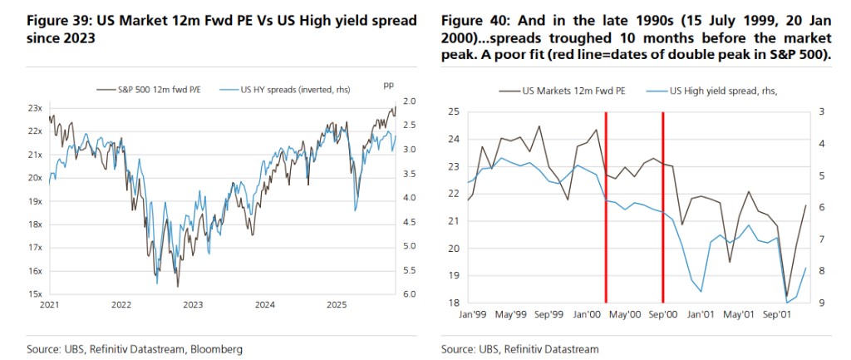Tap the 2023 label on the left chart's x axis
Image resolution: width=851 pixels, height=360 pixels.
(x=193, y=306)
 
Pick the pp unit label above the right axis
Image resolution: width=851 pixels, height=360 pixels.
(x=387, y=85)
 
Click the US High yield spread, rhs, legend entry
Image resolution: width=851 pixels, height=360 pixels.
(x=714, y=91)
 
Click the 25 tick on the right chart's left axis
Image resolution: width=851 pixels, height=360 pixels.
(x=452, y=111)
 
